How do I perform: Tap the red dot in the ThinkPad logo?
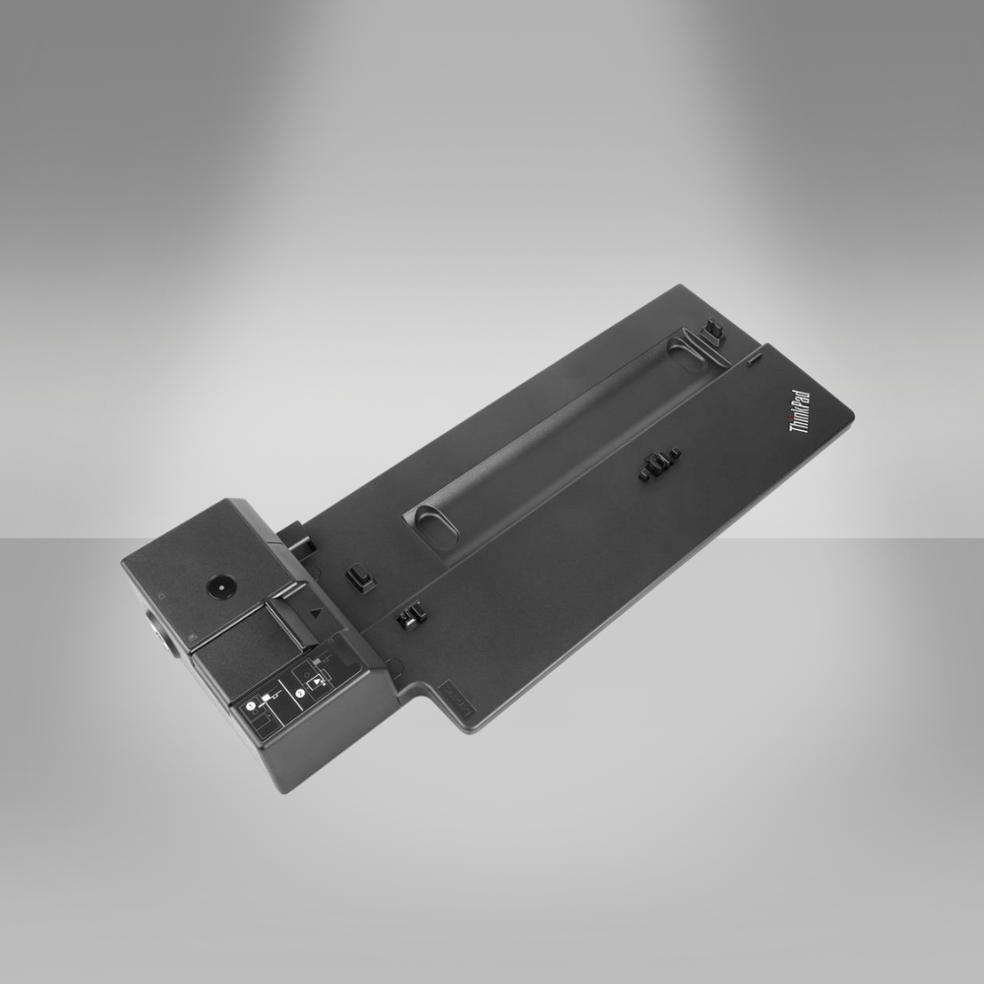(792, 426)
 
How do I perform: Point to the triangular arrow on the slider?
(315, 611)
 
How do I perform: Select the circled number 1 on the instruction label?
(251, 705)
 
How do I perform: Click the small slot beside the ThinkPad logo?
(754, 363)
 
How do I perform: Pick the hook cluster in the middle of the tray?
(659, 463)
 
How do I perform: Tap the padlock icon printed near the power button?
(160, 596)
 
